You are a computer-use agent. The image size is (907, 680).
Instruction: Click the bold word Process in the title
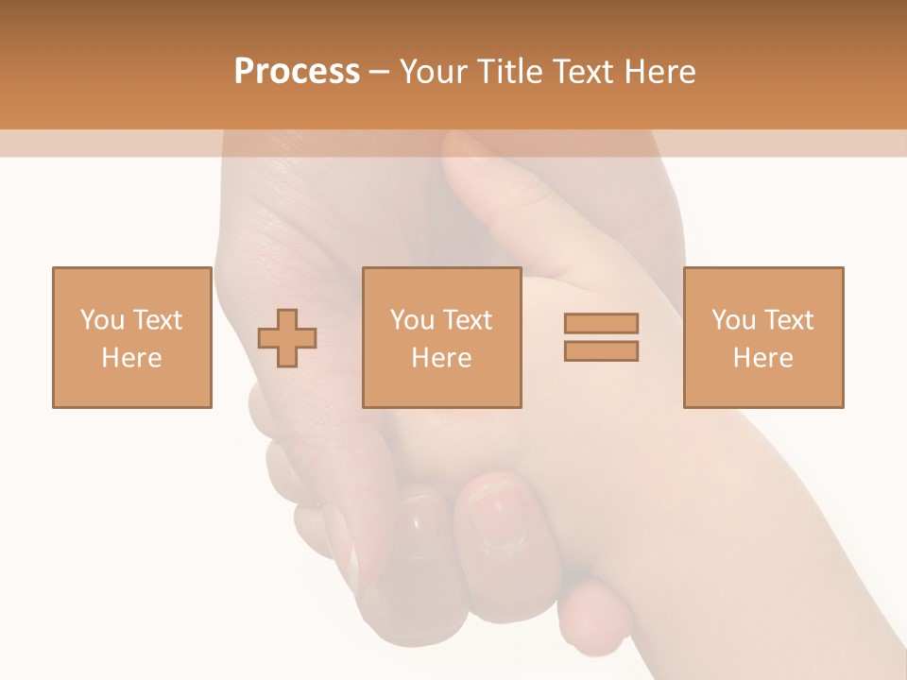click(297, 72)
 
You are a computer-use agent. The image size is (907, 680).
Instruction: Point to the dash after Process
click(380, 73)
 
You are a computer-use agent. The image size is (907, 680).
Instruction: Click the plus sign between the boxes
click(287, 338)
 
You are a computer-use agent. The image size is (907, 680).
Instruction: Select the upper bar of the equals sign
click(601, 323)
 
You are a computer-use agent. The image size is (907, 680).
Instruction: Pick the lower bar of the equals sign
click(601, 351)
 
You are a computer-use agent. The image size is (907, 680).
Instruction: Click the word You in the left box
click(101, 320)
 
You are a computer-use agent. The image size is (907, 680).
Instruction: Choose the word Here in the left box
click(131, 358)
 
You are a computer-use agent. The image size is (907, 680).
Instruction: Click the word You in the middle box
click(412, 320)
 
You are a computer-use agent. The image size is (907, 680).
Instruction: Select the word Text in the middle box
click(467, 320)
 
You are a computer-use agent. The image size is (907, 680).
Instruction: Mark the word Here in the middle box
click(441, 358)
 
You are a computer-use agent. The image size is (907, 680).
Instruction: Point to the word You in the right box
click(733, 320)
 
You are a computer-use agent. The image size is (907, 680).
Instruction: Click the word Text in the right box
click(788, 320)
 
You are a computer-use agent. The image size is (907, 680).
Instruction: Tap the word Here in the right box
click(762, 358)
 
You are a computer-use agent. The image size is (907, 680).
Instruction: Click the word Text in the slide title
click(587, 72)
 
